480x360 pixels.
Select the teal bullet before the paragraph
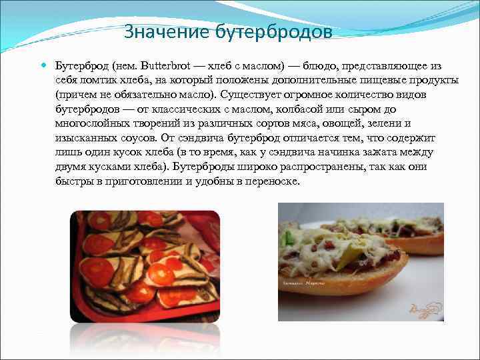[44, 65]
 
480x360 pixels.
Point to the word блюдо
[321, 66]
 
